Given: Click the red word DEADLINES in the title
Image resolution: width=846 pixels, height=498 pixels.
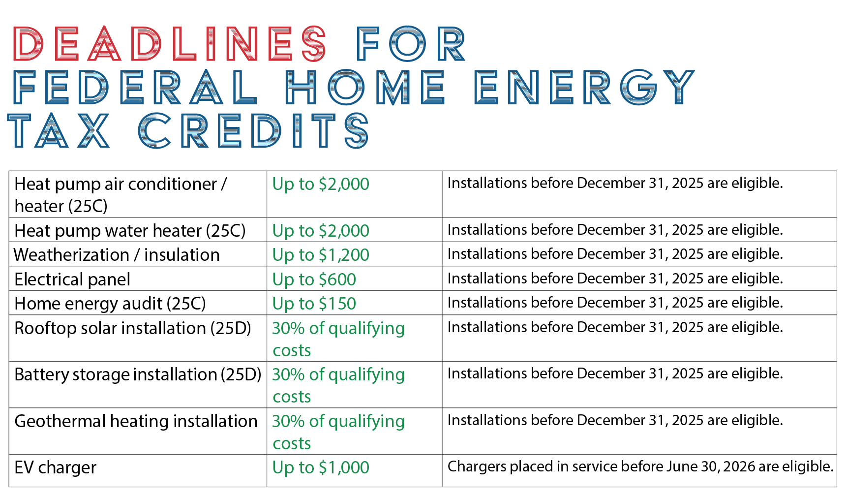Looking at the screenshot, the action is point(170,44).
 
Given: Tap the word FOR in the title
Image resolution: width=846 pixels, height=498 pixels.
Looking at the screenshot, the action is point(411,44).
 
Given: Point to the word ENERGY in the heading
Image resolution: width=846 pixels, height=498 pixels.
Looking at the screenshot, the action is point(584,87).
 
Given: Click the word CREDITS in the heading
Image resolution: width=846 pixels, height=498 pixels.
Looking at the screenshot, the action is point(253,131).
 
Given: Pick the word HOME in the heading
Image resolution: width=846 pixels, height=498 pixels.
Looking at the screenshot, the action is point(365,87).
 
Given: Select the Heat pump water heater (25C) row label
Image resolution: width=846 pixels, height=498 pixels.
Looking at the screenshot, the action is point(130,230).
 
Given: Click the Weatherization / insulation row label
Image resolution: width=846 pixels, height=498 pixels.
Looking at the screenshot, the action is point(117,255).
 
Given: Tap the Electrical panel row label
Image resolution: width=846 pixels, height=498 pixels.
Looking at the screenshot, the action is point(72,280).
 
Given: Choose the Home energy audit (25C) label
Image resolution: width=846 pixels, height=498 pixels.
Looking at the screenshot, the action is point(110,304).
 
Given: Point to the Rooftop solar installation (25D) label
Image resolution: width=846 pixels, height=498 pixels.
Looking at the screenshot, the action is point(133,328).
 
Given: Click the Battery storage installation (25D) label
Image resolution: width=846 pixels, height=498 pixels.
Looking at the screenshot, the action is point(138,374).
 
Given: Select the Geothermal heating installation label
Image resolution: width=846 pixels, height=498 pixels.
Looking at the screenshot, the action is point(136,421).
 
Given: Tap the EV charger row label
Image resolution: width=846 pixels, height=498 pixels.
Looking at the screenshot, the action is point(55,467).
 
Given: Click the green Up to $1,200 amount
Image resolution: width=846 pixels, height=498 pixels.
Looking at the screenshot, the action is point(321,255).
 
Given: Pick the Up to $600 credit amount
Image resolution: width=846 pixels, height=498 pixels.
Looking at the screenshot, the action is point(314,280).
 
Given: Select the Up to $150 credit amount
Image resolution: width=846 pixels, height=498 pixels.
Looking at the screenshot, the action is point(314,304).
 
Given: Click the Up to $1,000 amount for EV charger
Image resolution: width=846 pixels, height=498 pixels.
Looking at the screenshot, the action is point(321,467).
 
